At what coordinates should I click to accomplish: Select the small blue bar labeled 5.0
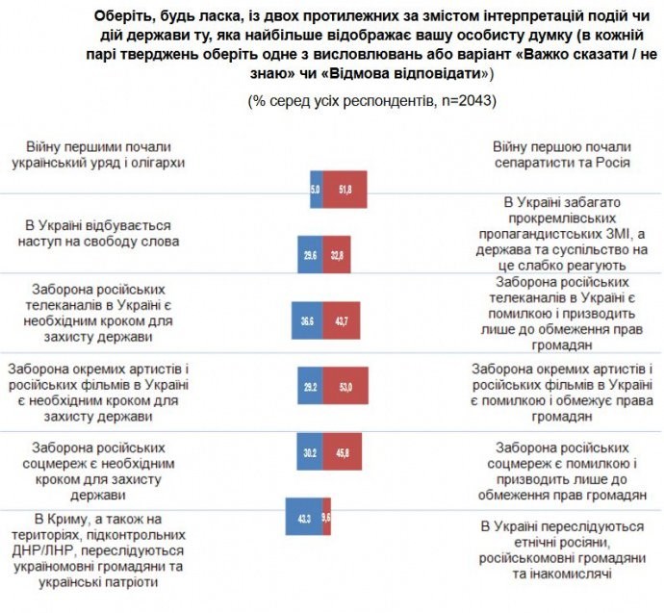point(316,189)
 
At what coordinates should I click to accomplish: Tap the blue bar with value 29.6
point(309,254)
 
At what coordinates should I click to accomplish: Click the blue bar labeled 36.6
point(306,319)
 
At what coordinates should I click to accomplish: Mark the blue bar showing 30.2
point(308,450)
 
